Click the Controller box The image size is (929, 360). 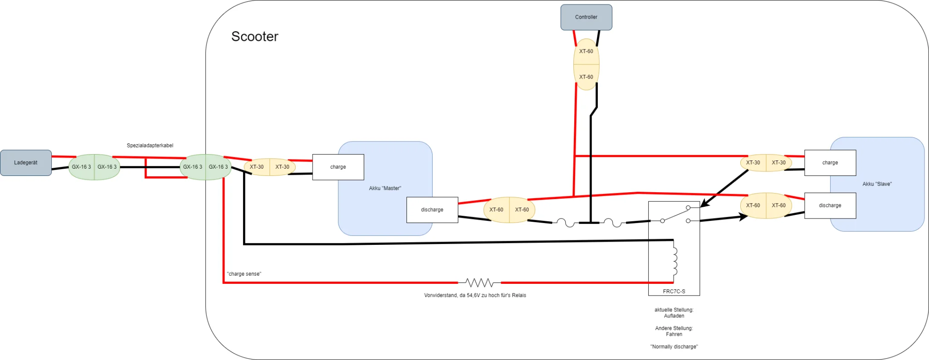586,17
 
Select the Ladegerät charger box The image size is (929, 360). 26,163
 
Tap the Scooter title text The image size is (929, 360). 255,36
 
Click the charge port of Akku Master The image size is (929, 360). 338,167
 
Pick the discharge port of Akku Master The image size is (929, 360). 432,210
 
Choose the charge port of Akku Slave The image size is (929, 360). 830,163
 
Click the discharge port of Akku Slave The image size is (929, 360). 830,205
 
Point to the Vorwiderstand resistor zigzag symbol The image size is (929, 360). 479,283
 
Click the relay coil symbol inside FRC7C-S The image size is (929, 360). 675,261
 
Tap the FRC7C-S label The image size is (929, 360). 674,292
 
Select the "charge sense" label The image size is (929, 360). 244,274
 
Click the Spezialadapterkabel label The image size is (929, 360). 150,146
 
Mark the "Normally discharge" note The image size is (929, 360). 674,347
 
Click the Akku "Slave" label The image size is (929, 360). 877,184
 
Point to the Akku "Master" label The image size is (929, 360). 385,188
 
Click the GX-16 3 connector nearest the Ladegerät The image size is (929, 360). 81,167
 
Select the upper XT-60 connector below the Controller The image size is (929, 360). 586,51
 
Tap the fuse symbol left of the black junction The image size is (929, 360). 565,223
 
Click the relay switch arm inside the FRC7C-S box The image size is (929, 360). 675,214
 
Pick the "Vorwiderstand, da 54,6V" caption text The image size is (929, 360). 475,295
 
